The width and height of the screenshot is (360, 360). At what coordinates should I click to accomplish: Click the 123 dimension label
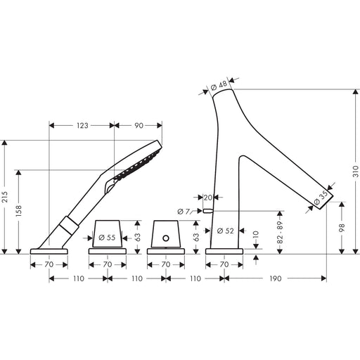(x=82, y=126)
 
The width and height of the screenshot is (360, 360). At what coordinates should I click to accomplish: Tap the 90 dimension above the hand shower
(x=139, y=126)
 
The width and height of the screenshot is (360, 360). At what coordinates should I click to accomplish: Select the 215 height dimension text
(x=5, y=197)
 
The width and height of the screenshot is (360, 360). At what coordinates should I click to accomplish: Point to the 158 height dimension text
(x=18, y=210)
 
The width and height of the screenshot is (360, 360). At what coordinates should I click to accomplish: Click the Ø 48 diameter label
(x=219, y=86)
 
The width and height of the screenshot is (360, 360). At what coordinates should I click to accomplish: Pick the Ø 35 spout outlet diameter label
(x=321, y=198)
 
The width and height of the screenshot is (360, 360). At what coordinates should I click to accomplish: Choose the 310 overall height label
(x=356, y=172)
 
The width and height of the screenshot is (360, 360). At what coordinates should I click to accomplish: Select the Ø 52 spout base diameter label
(x=226, y=231)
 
